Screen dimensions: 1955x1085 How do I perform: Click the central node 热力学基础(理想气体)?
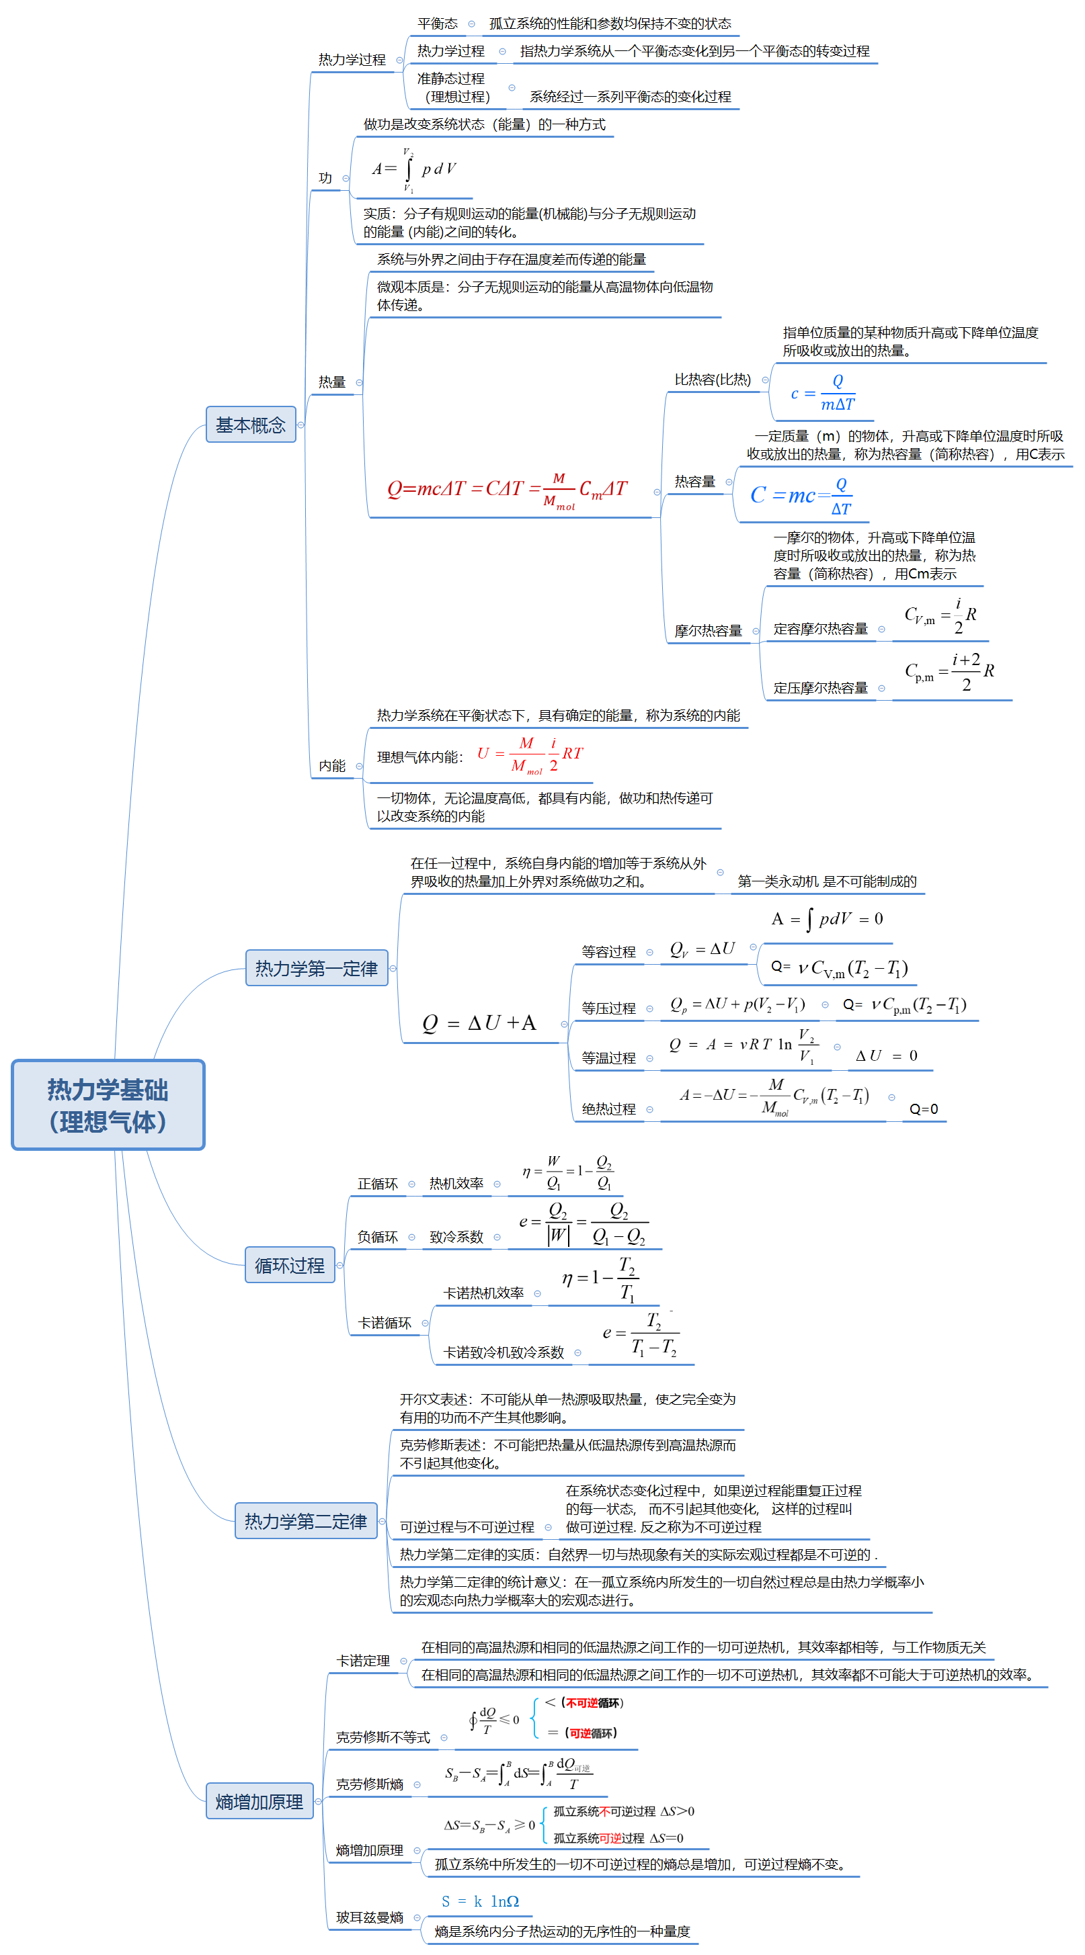[108, 1104]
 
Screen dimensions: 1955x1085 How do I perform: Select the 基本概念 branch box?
[251, 425]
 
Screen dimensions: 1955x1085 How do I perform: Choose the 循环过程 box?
[289, 1265]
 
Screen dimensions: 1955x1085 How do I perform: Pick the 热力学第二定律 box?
[305, 1521]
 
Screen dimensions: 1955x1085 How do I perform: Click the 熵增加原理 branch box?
[259, 1801]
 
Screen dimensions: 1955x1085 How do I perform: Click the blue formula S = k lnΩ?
[480, 1901]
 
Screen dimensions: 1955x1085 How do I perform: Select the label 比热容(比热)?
[712, 380]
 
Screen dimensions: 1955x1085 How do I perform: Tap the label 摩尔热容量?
[708, 631]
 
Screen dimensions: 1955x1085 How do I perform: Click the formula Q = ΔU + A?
[479, 1023]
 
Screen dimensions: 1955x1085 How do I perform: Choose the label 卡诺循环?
[385, 1323]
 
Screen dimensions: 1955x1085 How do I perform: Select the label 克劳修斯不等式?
[383, 1737]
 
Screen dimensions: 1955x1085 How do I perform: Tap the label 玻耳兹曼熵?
[369, 1917]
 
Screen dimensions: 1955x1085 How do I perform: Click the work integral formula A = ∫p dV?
[414, 169]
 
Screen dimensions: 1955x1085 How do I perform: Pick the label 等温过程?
[608, 1058]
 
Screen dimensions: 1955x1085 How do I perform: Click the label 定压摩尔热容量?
[820, 687]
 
